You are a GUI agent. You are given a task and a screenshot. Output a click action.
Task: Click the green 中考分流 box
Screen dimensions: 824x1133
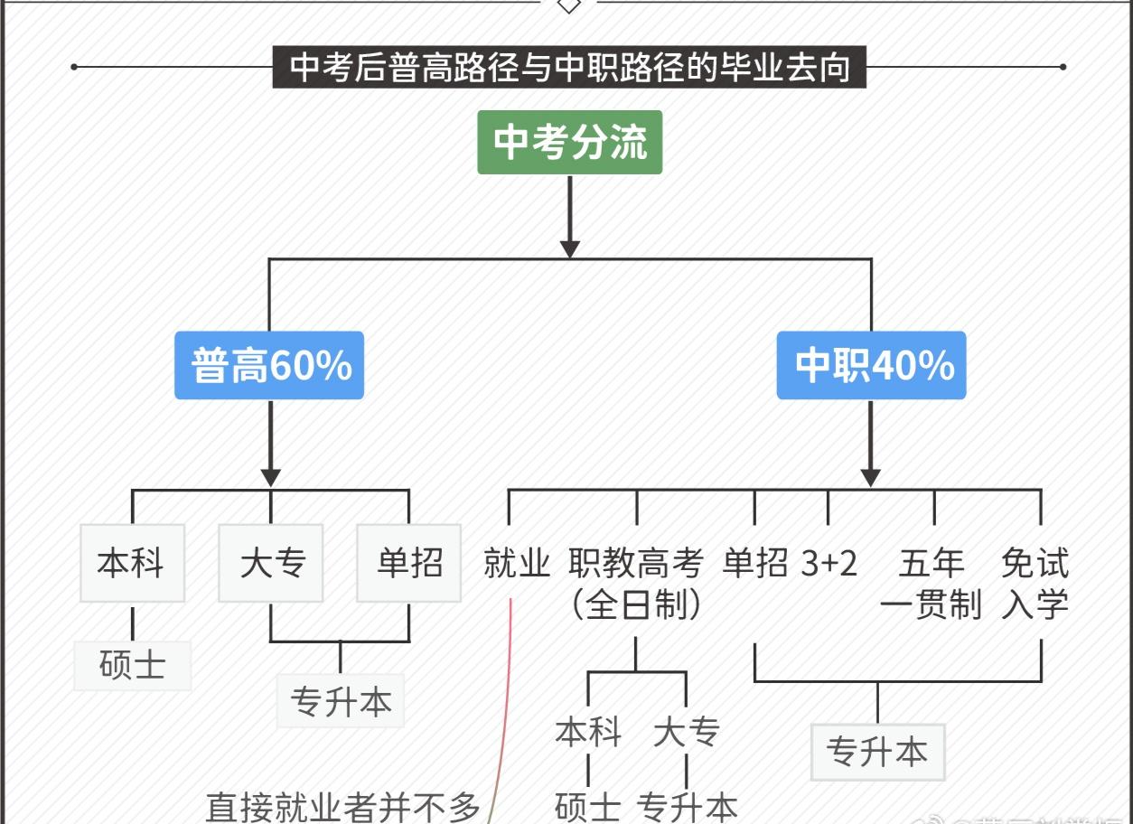pyautogui.click(x=569, y=142)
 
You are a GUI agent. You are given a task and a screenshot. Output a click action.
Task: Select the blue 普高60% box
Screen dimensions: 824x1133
pyautogui.click(x=269, y=365)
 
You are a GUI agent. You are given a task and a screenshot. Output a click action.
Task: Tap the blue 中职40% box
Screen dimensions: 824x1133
pyautogui.click(x=871, y=365)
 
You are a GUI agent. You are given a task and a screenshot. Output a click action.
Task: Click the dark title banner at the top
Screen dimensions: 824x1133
pyautogui.click(x=569, y=68)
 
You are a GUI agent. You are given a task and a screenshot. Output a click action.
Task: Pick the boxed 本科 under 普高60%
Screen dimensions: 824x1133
pyautogui.click(x=132, y=563)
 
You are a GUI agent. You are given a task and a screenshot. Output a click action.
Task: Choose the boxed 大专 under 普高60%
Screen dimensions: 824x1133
pyautogui.click(x=271, y=563)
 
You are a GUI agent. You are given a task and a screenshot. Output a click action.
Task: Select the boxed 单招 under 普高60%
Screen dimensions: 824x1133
pyautogui.click(x=409, y=563)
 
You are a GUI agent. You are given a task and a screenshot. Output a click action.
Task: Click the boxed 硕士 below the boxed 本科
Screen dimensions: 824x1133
pyautogui.click(x=132, y=665)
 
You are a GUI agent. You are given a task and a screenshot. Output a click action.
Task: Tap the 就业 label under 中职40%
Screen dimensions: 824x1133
pyautogui.click(x=517, y=563)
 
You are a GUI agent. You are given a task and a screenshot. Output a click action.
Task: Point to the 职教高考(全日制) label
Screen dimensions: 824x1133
pyautogui.click(x=636, y=583)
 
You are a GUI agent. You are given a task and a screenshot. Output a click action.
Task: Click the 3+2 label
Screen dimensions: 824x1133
pyautogui.click(x=829, y=563)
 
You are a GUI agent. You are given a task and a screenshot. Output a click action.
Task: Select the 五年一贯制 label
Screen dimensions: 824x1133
pyautogui.click(x=932, y=583)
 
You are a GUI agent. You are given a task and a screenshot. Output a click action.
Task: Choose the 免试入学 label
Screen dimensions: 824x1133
pyautogui.click(x=1035, y=583)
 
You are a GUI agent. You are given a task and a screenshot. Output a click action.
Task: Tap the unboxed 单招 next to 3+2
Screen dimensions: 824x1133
pyautogui.click(x=755, y=563)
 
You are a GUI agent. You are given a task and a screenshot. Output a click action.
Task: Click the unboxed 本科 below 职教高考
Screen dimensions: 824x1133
pyautogui.click(x=588, y=731)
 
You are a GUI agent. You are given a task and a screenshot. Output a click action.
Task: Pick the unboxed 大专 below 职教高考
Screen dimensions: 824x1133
pyautogui.click(x=686, y=731)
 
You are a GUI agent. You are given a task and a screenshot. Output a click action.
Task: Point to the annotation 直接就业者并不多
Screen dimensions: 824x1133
pyautogui.click(x=343, y=807)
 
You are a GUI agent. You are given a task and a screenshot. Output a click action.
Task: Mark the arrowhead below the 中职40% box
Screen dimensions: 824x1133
pyautogui.click(x=871, y=477)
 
